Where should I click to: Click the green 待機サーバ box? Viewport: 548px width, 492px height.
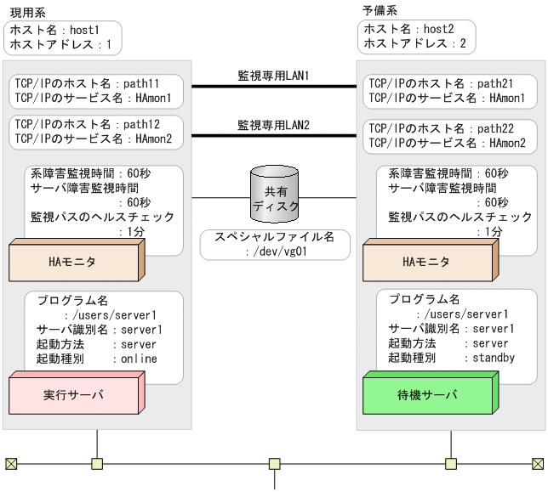coord(427,395)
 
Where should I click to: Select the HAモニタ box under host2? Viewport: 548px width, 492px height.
coord(427,263)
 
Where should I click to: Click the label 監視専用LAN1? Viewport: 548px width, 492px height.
coord(272,76)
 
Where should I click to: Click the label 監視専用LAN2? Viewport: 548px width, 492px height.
coord(272,125)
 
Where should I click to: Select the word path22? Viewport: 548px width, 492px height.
coord(508,128)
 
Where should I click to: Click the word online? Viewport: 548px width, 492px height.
coord(139,359)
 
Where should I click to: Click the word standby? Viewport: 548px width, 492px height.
coord(494,359)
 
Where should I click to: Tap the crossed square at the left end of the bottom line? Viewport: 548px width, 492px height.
coord(11,464)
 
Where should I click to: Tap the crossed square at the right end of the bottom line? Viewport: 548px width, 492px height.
coord(537,464)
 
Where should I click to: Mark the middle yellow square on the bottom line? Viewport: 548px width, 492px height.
coord(274,464)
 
